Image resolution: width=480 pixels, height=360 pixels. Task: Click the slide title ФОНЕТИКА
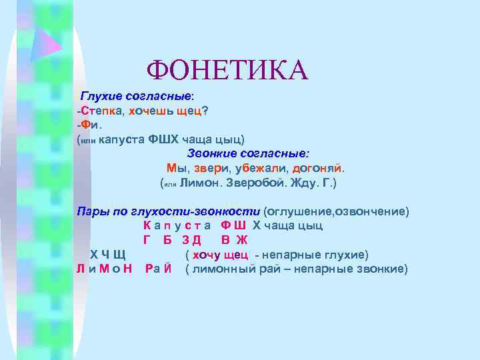(x=227, y=70)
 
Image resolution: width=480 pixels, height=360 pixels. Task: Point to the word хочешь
(x=151, y=111)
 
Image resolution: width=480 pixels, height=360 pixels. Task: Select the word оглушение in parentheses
(x=299, y=211)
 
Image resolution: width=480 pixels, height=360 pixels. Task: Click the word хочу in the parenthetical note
(x=206, y=255)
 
